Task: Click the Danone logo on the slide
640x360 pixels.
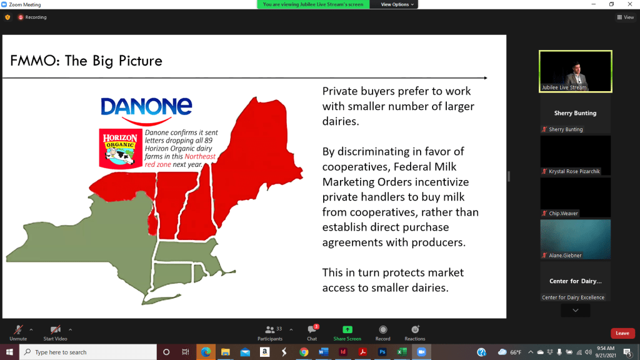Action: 146,111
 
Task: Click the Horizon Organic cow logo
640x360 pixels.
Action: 121,149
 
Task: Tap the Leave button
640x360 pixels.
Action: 622,333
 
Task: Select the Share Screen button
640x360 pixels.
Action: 347,333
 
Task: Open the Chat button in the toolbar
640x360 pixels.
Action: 312,333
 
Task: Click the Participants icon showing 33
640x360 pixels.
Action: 270,333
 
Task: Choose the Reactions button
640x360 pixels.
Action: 415,333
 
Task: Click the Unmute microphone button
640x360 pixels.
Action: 18,333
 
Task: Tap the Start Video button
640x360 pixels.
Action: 55,333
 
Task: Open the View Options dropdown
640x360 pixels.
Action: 397,4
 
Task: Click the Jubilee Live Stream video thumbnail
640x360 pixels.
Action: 575,71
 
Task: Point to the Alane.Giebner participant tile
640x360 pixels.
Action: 575,239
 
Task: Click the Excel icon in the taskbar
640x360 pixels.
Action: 402,352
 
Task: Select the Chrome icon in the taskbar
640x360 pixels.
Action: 304,352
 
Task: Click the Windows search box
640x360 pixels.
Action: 87,352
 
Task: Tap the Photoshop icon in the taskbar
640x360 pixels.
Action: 382,352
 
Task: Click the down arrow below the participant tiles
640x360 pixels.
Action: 575,311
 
